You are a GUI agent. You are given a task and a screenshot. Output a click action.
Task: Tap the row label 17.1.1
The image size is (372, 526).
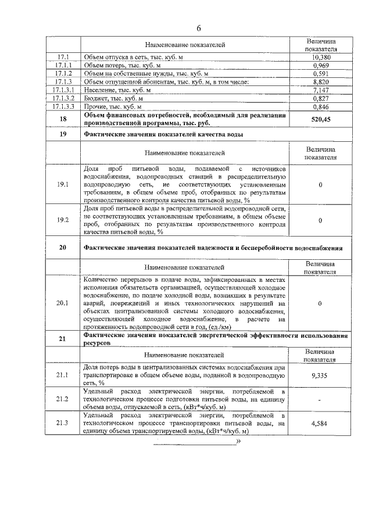tap(63, 66)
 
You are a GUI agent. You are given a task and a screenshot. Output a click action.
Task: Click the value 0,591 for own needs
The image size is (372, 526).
tap(321, 74)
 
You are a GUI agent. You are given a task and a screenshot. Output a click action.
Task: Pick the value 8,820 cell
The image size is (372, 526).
tap(321, 83)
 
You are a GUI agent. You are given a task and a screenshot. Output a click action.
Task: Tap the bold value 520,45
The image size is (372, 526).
tap(321, 120)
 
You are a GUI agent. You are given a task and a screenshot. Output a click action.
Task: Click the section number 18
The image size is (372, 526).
tap(63, 120)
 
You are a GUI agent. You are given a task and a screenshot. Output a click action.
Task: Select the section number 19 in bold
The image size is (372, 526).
tap(63, 134)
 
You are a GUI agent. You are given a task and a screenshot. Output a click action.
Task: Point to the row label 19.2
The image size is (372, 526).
tap(63, 220)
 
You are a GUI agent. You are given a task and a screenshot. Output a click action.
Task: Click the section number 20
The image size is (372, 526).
tap(63, 247)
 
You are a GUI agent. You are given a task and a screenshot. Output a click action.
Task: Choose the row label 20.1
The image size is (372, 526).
tap(63, 303)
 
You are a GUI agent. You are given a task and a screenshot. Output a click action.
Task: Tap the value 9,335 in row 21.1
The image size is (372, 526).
tap(321, 376)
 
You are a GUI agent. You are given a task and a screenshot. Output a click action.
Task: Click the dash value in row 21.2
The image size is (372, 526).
tap(321, 400)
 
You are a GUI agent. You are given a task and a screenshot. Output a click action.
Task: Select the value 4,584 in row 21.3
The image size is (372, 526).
tap(321, 424)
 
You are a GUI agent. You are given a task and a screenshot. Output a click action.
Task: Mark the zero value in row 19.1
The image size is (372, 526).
tap(321, 184)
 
